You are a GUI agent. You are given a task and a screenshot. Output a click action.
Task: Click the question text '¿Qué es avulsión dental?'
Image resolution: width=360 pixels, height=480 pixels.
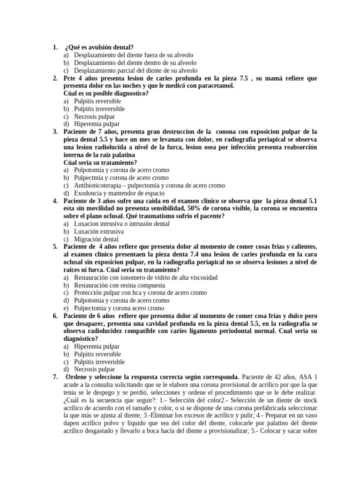(x=99, y=47)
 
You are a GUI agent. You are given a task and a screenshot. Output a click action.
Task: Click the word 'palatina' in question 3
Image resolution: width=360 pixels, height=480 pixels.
(x=120, y=155)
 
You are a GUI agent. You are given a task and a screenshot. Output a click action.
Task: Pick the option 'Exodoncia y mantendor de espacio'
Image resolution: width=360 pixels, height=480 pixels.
(x=121, y=193)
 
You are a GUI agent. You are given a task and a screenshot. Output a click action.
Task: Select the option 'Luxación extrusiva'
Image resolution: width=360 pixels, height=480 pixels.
(x=99, y=232)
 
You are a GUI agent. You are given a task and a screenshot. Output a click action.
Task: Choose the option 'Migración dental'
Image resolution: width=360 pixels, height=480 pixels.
(x=96, y=239)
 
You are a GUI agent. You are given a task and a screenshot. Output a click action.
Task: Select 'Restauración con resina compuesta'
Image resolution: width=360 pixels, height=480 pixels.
(x=120, y=285)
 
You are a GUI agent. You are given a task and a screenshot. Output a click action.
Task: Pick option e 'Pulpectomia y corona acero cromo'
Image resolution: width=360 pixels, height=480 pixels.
(x=119, y=308)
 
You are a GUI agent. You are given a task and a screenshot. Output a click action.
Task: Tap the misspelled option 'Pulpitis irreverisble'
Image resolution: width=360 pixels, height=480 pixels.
(x=99, y=362)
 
